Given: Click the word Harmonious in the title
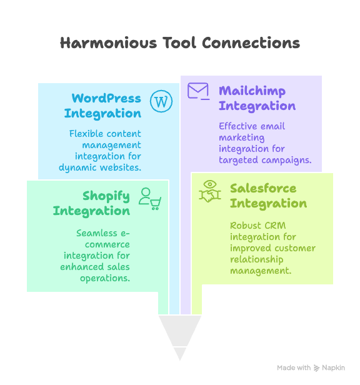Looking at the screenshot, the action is tap(108, 42).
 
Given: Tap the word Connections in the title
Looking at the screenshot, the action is tap(251, 42).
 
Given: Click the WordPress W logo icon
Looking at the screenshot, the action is tap(161, 101).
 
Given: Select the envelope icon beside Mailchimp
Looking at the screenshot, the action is tap(198, 91).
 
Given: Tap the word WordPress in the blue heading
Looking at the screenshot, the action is tap(106, 98).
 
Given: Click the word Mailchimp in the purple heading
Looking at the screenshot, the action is tap(252, 91).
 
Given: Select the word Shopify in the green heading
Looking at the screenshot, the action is tap(106, 196).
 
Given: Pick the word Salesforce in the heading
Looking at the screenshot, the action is tap(263, 188).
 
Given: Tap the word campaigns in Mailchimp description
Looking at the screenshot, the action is tap(287, 161).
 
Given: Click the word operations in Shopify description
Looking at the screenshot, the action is tap(105, 279).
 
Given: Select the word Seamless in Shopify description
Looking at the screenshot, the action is tap(97, 233).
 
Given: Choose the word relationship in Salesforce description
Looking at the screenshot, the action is tap(257, 259).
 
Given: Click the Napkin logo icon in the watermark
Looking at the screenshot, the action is tap(316, 367).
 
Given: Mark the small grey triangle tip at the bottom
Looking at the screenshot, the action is tap(180, 361).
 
